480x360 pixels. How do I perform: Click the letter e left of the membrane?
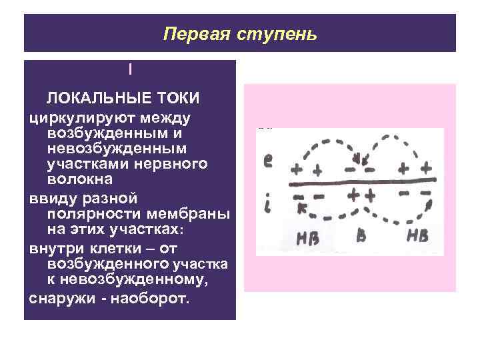267,160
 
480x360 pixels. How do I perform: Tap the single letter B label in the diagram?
361,235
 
